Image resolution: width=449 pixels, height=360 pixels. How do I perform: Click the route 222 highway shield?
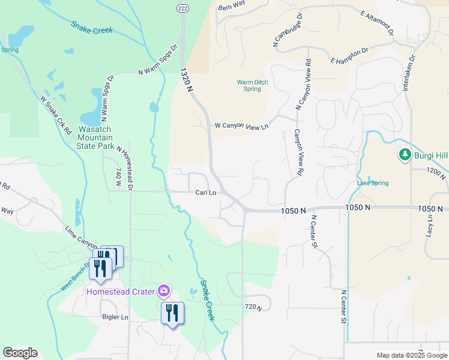182,7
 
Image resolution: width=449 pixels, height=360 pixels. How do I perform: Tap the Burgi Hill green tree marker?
405,155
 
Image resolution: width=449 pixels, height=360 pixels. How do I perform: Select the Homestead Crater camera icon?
163,292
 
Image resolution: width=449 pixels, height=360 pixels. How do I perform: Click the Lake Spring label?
373,183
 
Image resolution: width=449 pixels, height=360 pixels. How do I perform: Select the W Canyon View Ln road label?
241,126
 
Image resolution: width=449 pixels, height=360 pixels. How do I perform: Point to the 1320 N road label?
187,80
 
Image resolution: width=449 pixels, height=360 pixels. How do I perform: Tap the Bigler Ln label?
115,317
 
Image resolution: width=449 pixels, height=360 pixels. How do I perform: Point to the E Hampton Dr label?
349,56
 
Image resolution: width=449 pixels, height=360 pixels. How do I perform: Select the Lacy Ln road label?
430,227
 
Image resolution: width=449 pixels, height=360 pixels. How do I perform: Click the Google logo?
20,353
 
